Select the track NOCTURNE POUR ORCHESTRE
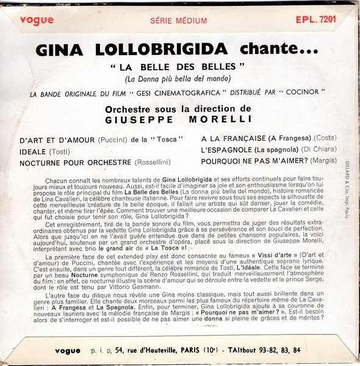(76, 163)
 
